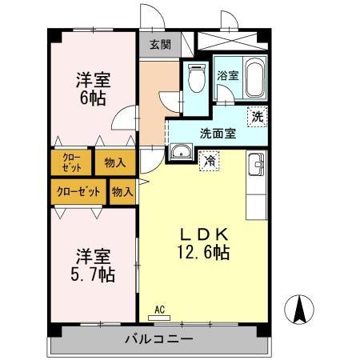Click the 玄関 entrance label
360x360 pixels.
(x=159, y=45)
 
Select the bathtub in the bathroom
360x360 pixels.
(x=253, y=78)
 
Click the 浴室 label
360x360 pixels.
(x=227, y=76)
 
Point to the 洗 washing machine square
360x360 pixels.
(x=257, y=116)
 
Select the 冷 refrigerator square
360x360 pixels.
(x=209, y=159)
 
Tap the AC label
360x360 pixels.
(x=158, y=309)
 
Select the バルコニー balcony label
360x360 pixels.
(x=158, y=339)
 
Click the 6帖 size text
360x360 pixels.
(x=93, y=98)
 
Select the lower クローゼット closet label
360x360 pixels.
(x=79, y=192)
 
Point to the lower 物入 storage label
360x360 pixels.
(x=122, y=192)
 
